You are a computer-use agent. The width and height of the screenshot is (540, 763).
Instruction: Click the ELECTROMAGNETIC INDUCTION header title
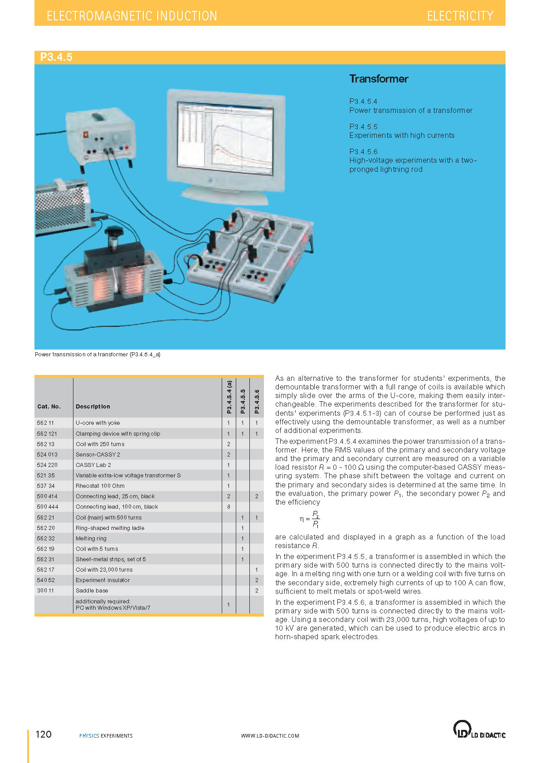point(132,16)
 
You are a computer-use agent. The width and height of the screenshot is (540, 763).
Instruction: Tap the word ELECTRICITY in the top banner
point(460,16)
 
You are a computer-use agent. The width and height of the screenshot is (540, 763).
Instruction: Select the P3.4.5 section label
point(56,57)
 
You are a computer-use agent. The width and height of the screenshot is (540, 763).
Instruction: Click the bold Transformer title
point(379,79)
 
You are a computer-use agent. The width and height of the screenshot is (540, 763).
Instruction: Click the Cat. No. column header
point(49,407)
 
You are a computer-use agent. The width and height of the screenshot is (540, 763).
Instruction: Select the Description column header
point(93,407)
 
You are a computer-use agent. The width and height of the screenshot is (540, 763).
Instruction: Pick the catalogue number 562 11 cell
point(45,423)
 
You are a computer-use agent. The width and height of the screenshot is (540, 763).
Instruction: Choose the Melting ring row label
point(91,539)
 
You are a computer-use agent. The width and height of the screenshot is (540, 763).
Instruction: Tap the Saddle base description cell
point(92,591)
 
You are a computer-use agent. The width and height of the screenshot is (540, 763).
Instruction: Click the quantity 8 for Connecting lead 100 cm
point(229,507)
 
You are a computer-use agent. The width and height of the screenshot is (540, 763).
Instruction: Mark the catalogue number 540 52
point(46,580)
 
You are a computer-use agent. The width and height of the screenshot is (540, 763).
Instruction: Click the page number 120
point(44,734)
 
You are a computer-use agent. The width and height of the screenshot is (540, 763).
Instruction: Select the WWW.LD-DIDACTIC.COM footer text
point(270,736)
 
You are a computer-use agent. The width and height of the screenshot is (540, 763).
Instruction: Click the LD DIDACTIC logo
point(479,730)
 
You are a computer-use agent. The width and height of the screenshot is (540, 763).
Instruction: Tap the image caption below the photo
point(97,355)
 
